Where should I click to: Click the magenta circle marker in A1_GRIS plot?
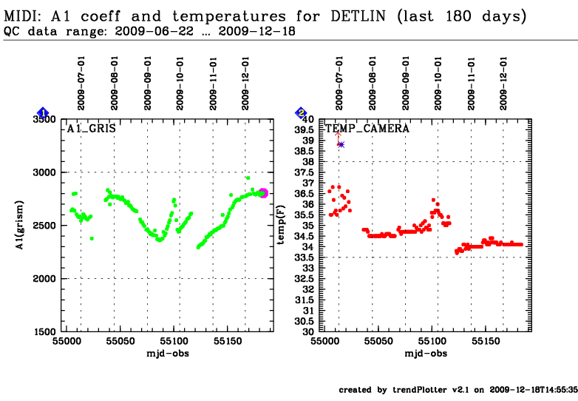(263, 193)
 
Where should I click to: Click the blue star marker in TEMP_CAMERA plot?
(341, 144)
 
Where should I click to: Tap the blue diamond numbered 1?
(43, 112)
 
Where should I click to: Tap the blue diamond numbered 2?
(301, 112)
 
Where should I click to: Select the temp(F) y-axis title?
(282, 225)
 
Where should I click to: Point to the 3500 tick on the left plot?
(53, 119)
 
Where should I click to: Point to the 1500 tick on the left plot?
(53, 332)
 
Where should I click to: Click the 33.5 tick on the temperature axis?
(306, 257)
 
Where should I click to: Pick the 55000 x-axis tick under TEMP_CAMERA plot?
(325, 342)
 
